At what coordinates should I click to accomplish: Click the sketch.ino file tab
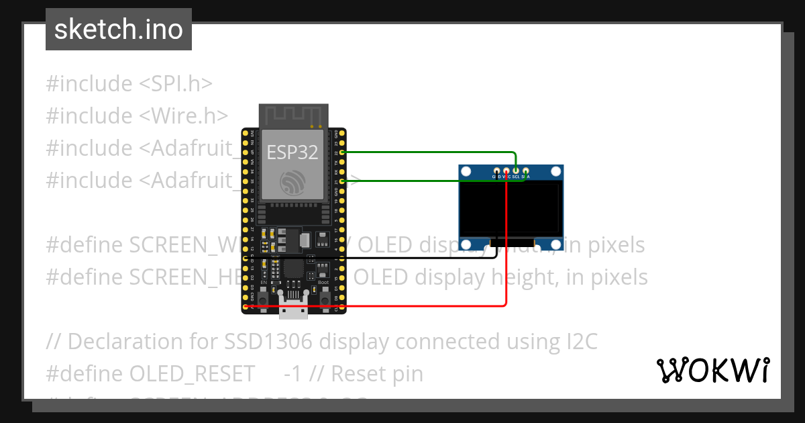(x=118, y=30)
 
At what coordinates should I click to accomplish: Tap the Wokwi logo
(x=712, y=370)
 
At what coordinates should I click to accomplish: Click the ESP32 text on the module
(x=292, y=152)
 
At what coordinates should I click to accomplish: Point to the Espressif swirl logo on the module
(x=293, y=182)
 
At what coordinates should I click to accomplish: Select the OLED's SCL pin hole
(x=516, y=172)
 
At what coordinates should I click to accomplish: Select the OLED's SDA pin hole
(x=526, y=172)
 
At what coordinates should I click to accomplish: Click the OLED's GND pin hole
(x=496, y=172)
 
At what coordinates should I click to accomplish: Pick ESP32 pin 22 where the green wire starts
(x=342, y=152)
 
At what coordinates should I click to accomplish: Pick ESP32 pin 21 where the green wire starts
(x=342, y=181)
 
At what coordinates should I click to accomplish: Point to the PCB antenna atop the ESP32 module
(x=293, y=115)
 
